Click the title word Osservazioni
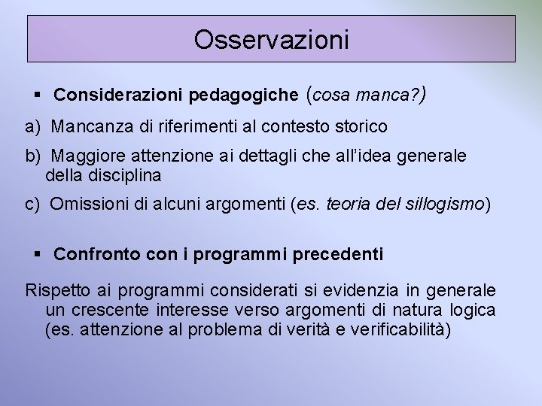271,39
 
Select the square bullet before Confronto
37,255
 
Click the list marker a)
33,126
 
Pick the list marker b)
33,156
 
